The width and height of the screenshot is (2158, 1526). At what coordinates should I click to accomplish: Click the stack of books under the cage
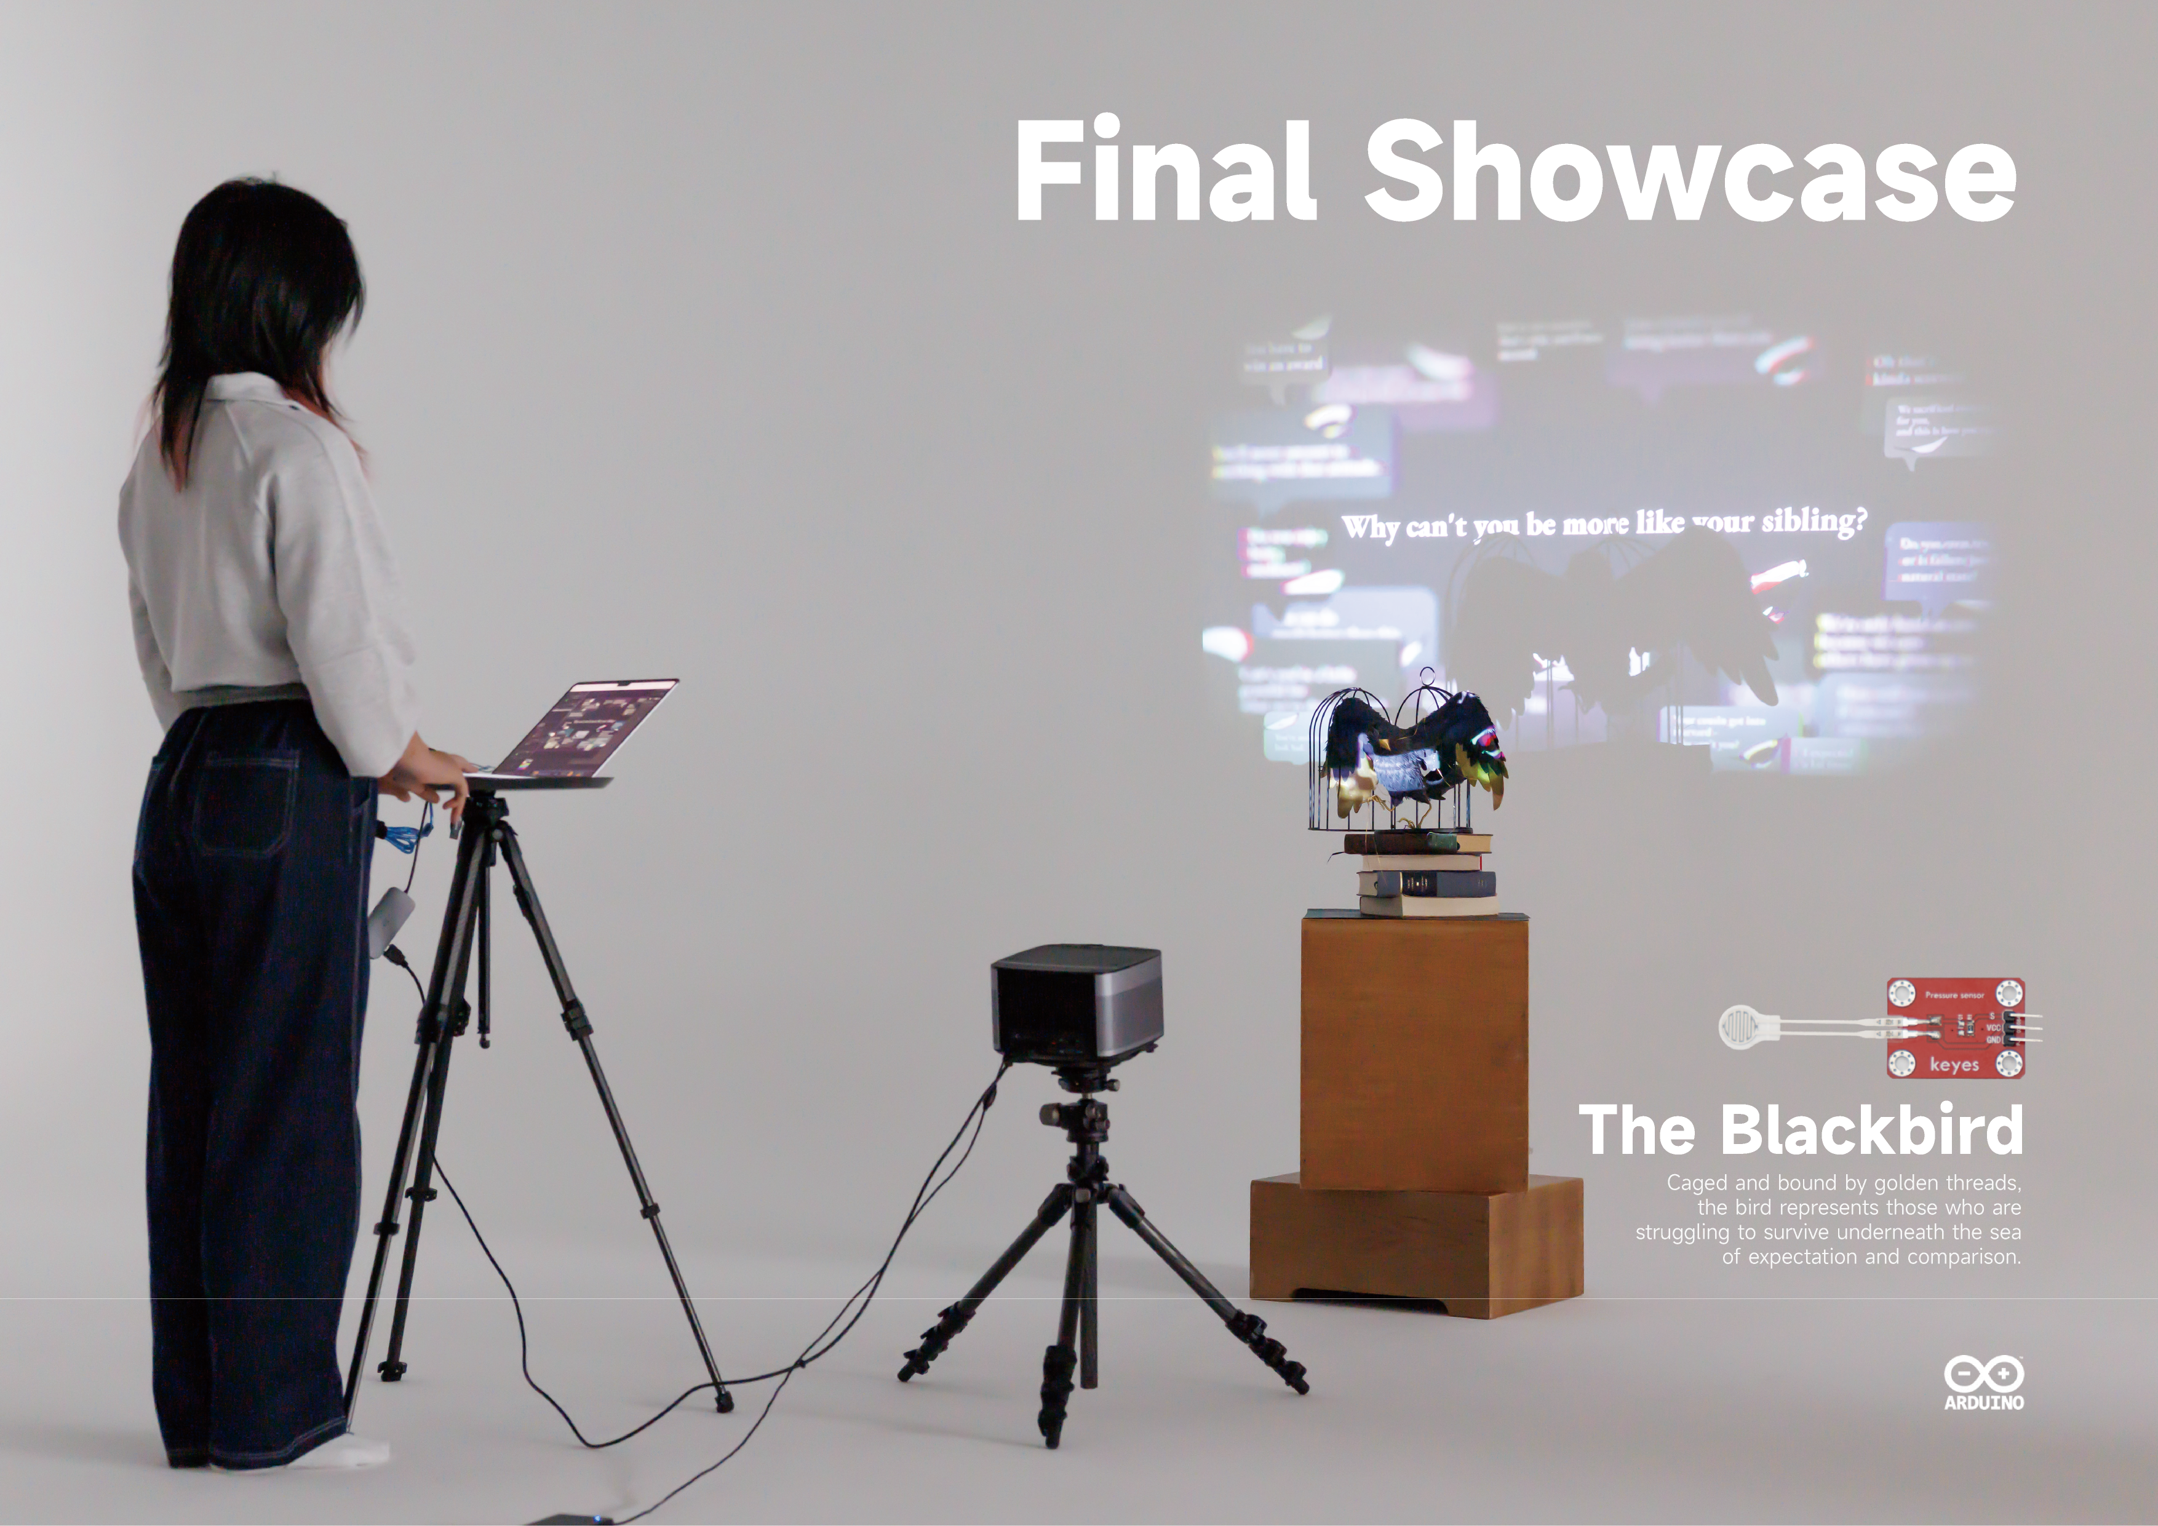(1424, 874)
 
